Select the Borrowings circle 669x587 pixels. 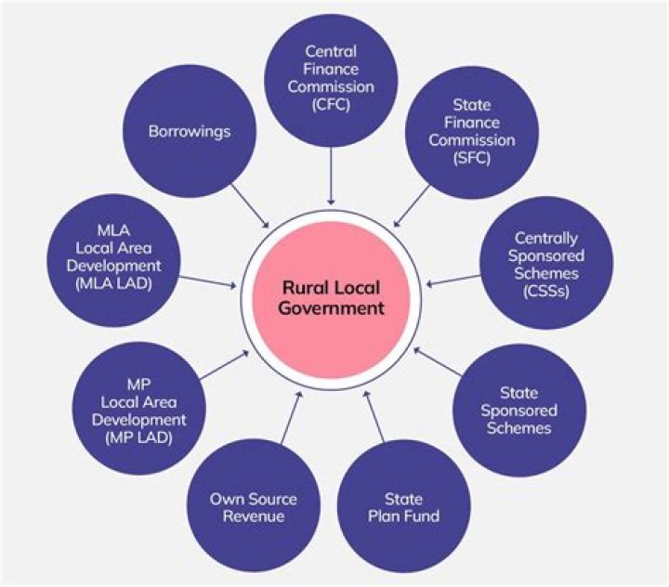click(189, 132)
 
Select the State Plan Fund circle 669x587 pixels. click(411, 506)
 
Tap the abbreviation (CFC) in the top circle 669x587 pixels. click(331, 104)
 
